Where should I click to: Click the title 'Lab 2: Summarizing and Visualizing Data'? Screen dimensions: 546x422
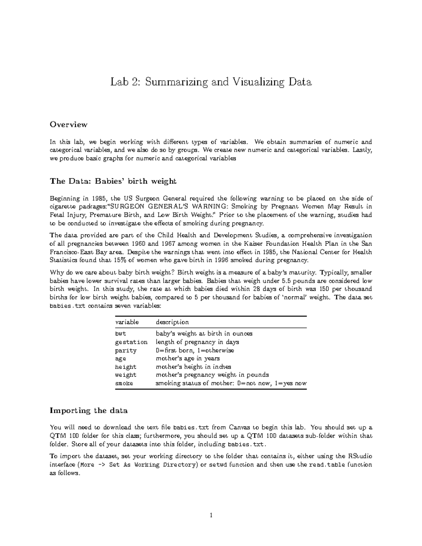tap(211, 82)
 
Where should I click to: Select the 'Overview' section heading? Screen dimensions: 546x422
tap(68, 124)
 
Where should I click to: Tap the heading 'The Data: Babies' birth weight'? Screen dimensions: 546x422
tap(113, 181)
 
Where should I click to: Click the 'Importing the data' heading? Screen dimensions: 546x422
tap(89, 410)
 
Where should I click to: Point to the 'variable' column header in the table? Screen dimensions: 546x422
tap(127, 322)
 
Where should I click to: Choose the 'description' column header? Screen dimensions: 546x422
tap(172, 322)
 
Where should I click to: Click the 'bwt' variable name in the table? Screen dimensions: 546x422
tap(121, 334)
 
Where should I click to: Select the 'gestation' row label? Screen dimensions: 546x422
tap(131, 342)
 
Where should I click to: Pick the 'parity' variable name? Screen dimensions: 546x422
tap(126, 351)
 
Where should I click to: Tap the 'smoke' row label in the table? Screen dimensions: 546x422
tap(124, 383)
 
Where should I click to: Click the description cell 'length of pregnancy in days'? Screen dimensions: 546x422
tap(197, 342)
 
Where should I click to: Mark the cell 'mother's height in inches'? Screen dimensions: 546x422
tap(193, 367)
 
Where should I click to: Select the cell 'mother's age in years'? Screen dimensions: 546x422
tap(187, 359)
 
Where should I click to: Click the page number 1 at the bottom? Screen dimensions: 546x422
tap(211, 516)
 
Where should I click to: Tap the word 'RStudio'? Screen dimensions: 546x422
tap(360, 456)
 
